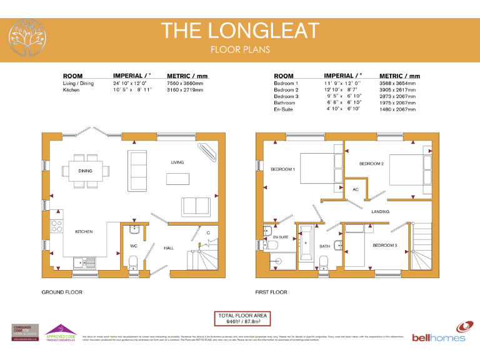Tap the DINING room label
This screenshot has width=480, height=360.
(x=86, y=171)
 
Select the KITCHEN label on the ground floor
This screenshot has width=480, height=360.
(x=84, y=232)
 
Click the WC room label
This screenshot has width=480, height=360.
(x=133, y=246)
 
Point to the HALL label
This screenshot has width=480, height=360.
(x=169, y=247)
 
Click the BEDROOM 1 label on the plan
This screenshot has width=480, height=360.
(x=282, y=169)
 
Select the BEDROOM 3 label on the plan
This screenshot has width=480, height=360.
(x=384, y=246)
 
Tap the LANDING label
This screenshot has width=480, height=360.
(x=380, y=212)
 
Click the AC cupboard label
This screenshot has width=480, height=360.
(x=356, y=189)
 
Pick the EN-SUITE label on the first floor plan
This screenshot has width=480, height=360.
(x=280, y=238)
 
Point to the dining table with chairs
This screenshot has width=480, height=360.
(x=86, y=171)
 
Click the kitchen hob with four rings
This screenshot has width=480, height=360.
(x=56, y=225)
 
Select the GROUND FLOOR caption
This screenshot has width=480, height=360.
(x=62, y=292)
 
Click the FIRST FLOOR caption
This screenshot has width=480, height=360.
(x=271, y=292)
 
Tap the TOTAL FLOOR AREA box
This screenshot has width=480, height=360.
(x=242, y=319)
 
